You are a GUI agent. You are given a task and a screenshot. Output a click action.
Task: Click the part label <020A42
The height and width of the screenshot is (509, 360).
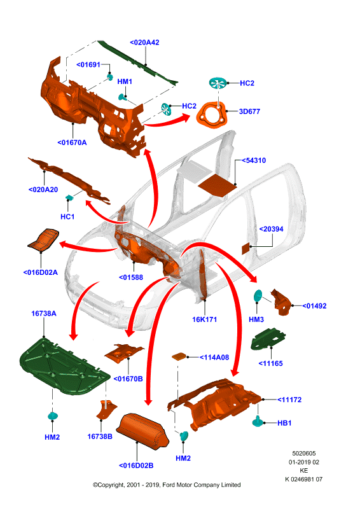point(144,43)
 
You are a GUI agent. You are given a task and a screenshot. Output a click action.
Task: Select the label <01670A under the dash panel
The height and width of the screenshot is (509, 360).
point(72,143)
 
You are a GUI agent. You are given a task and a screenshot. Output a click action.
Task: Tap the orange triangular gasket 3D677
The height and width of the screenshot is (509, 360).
point(212,115)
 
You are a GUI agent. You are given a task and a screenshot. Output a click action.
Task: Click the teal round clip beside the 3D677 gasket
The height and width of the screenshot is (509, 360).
point(218,83)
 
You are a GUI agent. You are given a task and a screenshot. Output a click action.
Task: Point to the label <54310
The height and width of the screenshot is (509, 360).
point(254,160)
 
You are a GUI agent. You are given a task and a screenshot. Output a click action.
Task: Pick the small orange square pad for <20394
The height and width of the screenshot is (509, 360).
point(246,248)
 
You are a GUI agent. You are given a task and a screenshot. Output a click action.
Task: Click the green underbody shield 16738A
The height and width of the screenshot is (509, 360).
point(64,368)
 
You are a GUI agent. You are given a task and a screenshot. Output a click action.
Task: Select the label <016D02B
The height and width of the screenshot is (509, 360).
point(136,466)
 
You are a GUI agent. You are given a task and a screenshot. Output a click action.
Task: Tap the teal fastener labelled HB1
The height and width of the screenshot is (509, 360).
point(258,421)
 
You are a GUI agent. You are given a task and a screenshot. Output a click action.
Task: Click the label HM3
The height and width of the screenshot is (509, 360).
point(256,320)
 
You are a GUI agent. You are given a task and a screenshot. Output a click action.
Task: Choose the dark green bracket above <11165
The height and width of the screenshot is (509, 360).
point(268,338)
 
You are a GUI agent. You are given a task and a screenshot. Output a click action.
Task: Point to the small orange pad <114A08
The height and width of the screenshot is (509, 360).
point(179,356)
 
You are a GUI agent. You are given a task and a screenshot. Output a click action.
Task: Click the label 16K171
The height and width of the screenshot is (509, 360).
point(205,320)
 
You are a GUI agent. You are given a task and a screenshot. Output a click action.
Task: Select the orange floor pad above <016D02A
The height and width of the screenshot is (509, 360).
point(43,240)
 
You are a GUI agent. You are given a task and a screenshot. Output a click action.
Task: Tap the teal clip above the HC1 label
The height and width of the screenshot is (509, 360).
point(69,197)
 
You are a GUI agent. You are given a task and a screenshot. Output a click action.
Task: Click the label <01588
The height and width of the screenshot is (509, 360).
point(131,277)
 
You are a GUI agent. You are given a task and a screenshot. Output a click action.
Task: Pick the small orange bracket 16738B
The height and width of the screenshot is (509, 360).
point(106,410)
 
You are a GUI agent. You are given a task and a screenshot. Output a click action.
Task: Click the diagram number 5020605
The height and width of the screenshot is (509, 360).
point(304,454)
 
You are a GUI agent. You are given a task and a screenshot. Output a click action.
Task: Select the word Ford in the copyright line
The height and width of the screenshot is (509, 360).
point(169,485)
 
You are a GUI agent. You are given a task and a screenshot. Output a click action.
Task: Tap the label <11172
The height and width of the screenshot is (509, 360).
point(289,400)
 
